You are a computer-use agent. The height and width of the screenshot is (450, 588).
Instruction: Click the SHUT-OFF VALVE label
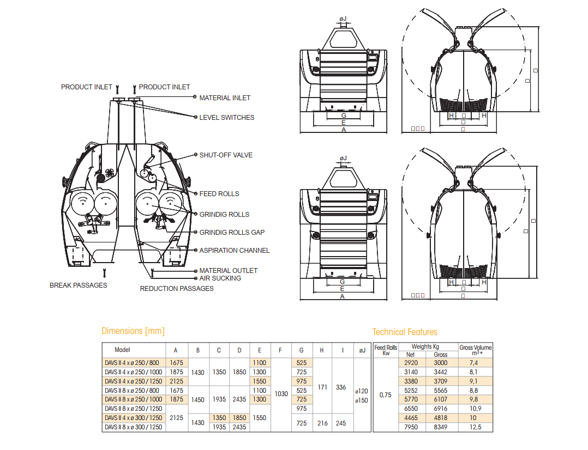(x=226, y=155)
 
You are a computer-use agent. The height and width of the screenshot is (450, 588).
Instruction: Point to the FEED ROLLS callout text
(x=219, y=194)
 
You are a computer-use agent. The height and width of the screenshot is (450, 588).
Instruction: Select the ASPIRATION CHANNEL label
(x=235, y=251)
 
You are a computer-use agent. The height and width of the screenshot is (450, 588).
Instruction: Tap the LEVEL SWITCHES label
(x=227, y=118)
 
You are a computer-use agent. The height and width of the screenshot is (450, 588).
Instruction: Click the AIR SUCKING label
(x=220, y=278)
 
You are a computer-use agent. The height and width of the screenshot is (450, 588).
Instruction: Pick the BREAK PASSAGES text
(x=79, y=285)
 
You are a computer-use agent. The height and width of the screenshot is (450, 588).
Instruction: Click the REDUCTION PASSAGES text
(x=177, y=289)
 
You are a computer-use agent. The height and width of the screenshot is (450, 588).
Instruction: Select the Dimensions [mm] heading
(x=133, y=331)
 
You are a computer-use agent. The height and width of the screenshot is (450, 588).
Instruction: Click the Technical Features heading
(x=405, y=332)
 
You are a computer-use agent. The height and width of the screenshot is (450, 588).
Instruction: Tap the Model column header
(x=122, y=350)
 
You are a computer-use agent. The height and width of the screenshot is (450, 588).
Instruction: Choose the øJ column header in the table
(x=361, y=350)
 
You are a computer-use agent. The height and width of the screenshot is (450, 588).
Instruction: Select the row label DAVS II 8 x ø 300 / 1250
(x=134, y=428)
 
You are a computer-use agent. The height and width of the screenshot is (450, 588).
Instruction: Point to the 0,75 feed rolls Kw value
(x=386, y=395)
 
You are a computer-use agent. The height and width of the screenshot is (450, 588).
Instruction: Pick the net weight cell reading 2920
(x=411, y=362)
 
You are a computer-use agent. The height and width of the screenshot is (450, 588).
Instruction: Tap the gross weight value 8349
(x=440, y=428)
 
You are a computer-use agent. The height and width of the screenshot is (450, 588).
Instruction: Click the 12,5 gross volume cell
(x=475, y=428)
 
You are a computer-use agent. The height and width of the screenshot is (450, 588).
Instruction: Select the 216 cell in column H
(x=322, y=423)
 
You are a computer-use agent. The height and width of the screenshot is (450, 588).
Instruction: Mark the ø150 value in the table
(x=361, y=400)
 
